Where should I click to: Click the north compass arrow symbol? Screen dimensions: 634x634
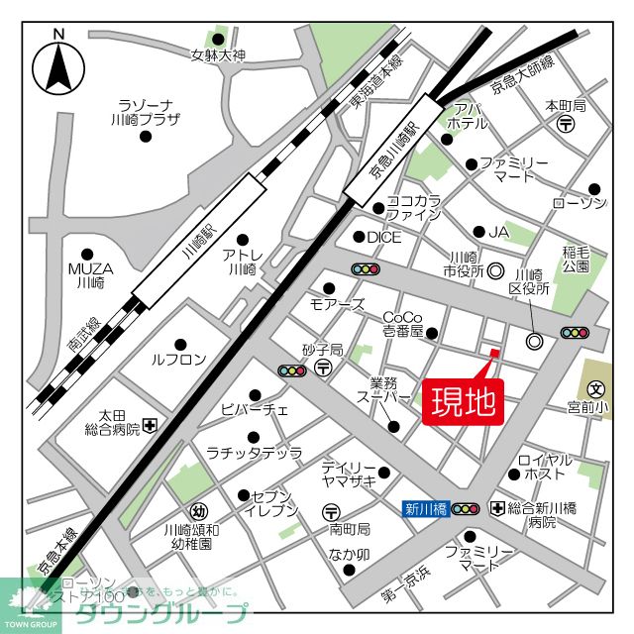(58, 67)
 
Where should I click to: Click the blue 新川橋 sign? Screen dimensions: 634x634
(423, 509)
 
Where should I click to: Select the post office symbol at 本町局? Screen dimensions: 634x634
(566, 124)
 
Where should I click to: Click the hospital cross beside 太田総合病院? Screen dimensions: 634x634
(150, 426)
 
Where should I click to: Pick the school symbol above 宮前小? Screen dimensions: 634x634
(595, 389)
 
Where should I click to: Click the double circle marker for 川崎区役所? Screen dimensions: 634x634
(535, 342)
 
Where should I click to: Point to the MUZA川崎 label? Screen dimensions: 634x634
(89, 274)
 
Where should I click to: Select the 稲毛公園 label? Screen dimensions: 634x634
(576, 260)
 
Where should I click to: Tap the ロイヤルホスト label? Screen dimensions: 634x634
(545, 468)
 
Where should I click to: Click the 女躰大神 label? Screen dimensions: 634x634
(217, 55)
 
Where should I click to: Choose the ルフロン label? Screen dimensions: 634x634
(179, 360)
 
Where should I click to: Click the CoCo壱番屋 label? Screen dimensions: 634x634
(403, 324)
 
